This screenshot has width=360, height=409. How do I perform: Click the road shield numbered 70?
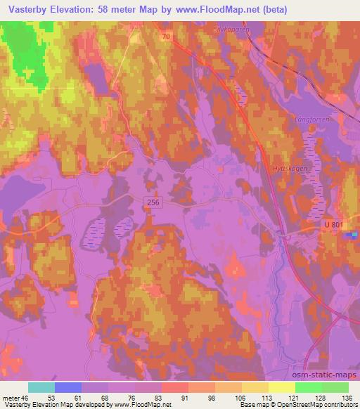pos(167,35)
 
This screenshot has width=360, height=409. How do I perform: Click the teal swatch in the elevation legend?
pos(41,387)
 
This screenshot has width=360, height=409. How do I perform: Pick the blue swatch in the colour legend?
pos(68,387)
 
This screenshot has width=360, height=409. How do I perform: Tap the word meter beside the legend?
pos(12,397)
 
